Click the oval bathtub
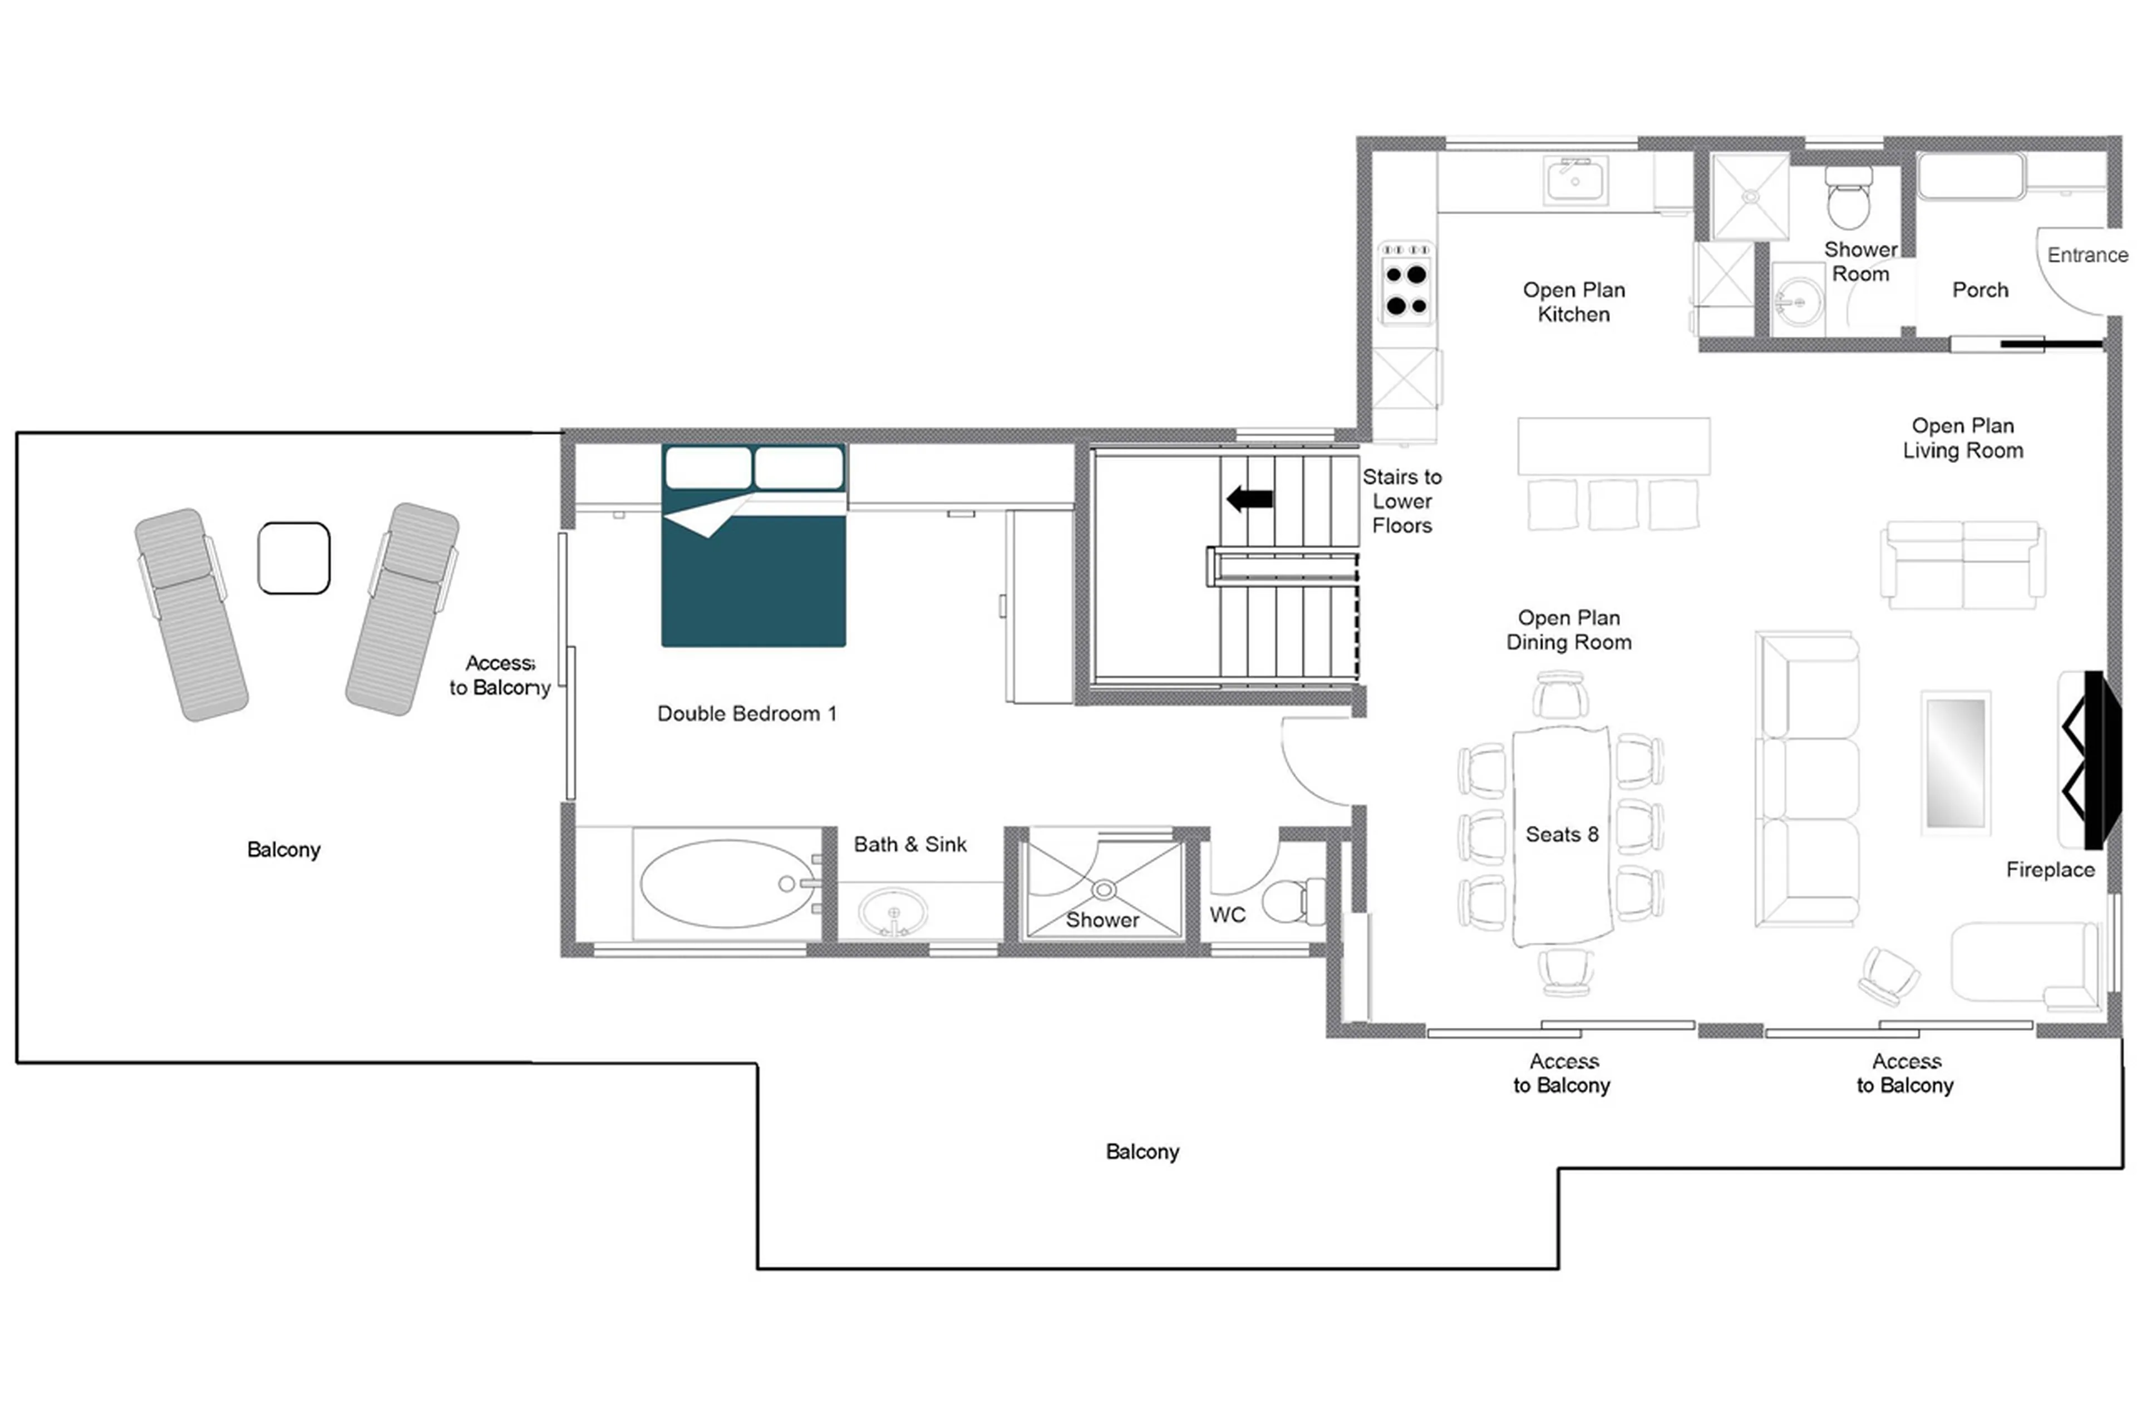(727, 883)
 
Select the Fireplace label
(2049, 869)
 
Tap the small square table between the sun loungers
(293, 558)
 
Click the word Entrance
(2086, 255)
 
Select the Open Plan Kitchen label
(1573, 302)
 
